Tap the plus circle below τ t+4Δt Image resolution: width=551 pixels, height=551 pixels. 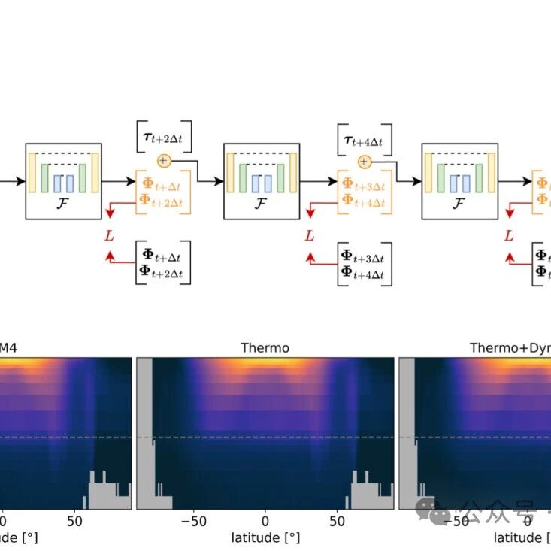pos(364,162)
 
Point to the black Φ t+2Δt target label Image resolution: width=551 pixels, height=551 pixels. pos(163,270)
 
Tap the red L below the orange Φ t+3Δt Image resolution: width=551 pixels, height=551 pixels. pos(310,236)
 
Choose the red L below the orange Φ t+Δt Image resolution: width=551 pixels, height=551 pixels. pos(110,236)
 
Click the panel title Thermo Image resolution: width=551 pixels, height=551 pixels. pos(265,347)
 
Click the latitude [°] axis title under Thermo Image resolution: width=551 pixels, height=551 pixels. pos(265,538)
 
